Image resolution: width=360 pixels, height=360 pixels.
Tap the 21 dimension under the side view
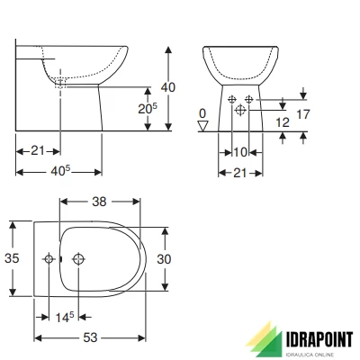[x=36, y=150]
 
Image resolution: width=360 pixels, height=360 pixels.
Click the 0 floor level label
[x=203, y=115]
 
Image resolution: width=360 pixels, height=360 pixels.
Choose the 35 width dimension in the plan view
[x=12, y=257]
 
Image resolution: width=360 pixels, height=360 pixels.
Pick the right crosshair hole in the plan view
[x=79, y=258]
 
